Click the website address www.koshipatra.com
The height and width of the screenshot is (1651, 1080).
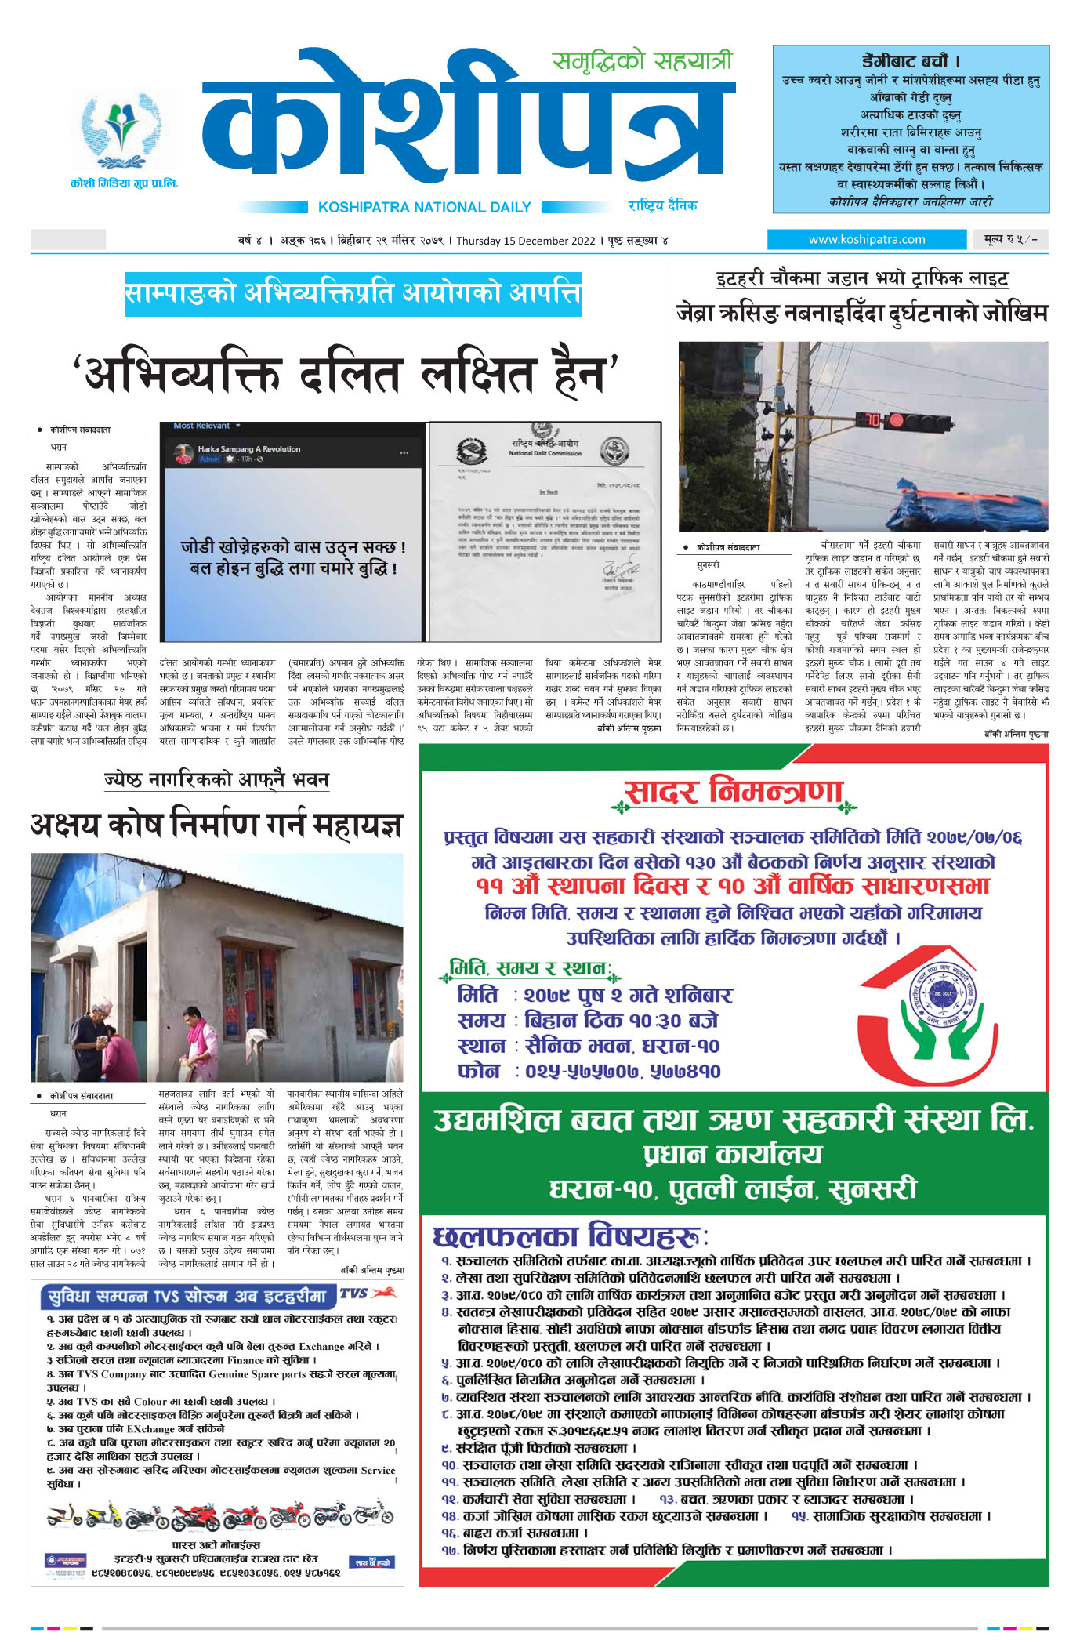pos(866,239)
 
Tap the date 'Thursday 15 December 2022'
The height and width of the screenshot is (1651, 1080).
pos(526,241)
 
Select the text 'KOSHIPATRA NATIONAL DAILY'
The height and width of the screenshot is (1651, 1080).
pos(424,207)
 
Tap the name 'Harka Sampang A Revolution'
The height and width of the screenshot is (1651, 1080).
pos(248,449)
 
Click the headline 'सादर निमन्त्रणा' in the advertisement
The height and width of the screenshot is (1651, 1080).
pos(733,793)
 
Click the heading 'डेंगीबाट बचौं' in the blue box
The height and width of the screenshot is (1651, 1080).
pos(911,61)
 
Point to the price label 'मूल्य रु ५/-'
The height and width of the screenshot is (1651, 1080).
pos(1010,239)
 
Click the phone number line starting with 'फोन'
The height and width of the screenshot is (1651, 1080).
pos(588,1071)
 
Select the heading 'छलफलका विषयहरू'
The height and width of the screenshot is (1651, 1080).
pos(570,1237)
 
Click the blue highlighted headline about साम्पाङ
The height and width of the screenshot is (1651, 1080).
pos(353,294)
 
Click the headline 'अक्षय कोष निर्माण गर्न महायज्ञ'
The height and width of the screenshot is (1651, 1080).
pos(216,825)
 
